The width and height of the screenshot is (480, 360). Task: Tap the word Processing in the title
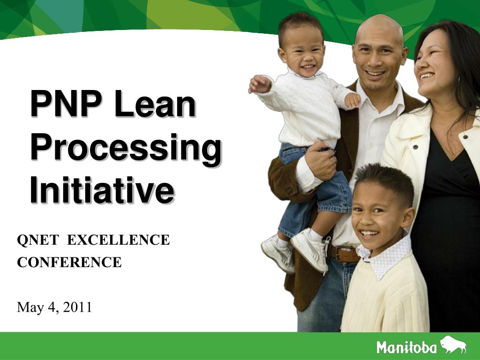[125, 149]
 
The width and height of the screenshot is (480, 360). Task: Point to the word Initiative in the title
[102, 190]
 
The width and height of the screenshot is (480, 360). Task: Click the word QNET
[37, 240]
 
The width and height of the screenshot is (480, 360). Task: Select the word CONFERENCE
[69, 262]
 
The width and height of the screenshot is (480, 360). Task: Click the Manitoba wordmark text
[406, 347]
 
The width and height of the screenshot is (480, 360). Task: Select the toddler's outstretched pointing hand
[260, 84]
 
